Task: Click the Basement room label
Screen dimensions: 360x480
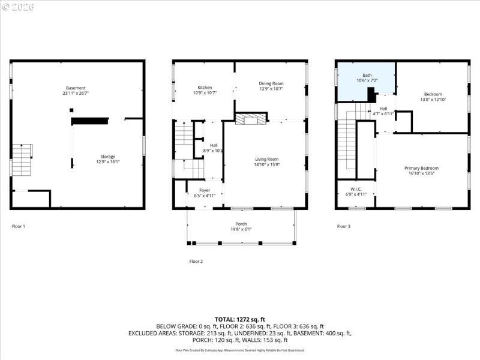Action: (76, 91)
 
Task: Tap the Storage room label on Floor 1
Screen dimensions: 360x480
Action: (107, 159)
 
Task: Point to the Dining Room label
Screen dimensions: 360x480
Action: (271, 86)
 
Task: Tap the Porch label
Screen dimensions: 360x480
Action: (241, 226)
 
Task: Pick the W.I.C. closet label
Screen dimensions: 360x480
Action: (355, 192)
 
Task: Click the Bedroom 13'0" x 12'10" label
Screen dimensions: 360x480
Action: (433, 97)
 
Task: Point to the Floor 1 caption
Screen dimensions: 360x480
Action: (19, 226)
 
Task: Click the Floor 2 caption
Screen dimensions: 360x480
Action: (196, 261)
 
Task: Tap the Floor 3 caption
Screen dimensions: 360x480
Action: (343, 226)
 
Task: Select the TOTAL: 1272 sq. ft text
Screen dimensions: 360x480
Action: (240, 319)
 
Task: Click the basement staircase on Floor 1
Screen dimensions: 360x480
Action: (22, 160)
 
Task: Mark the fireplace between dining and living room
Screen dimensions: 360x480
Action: (248, 119)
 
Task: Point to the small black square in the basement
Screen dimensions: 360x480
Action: (71, 110)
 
